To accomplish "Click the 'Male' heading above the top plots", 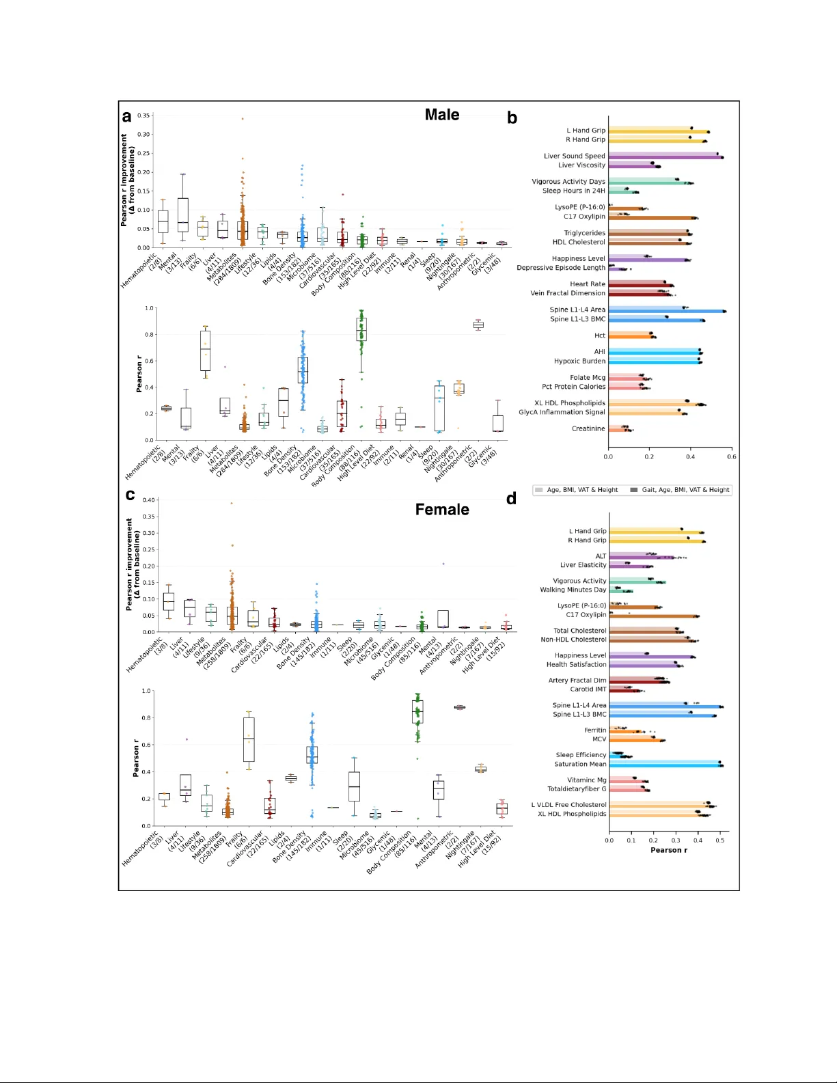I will click(441, 115).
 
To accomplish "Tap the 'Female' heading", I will click(442, 510).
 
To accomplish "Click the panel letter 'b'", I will click(512, 118).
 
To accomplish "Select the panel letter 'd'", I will click(511, 499).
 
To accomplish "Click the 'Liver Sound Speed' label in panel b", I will click(574, 156).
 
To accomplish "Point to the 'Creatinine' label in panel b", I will click(588, 428).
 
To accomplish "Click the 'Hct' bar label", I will click(599, 335).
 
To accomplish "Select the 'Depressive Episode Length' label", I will click(561, 268).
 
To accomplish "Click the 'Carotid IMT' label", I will click(588, 689).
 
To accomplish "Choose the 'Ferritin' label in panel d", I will click(594, 730).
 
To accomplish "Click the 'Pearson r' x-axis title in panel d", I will click(668, 850).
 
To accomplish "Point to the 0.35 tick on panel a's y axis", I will click(143, 115).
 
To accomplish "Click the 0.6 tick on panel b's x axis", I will click(731, 456).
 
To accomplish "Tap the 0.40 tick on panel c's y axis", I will click(148, 500).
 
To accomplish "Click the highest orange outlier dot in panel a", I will click(242, 119).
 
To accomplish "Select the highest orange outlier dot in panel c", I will click(232, 504).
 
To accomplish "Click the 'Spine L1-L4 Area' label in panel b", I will click(577, 310).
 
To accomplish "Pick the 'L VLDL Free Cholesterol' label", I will click(568, 805).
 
